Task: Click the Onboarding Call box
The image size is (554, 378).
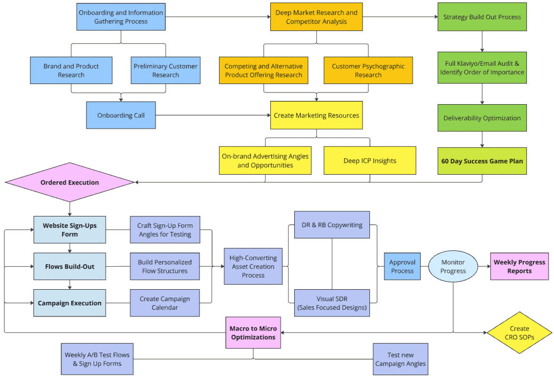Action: [121, 115]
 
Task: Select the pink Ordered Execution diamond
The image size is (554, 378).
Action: [70, 182]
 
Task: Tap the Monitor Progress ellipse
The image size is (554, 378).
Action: [453, 267]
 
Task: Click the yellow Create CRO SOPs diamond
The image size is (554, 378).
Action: [519, 333]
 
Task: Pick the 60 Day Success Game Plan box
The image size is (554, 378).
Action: [482, 161]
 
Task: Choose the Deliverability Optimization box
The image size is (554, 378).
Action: [482, 118]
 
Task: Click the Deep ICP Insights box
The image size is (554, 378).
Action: [370, 161]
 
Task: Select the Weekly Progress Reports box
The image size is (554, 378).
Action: [519, 267]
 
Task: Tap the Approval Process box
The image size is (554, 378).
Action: [402, 267]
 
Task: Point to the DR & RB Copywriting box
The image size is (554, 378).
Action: [332, 225]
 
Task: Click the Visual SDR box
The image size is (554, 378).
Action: [332, 303]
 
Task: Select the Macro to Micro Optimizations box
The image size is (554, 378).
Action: [253, 333]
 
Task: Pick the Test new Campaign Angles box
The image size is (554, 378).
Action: [400, 359]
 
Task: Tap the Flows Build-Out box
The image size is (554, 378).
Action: [70, 267]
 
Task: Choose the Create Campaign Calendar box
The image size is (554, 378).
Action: [164, 303]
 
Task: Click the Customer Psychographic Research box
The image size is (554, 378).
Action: [368, 70]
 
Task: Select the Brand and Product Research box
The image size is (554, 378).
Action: [71, 70]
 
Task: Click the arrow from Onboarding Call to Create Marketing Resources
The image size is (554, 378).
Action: [211, 115]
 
